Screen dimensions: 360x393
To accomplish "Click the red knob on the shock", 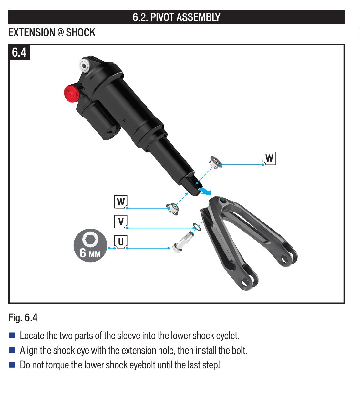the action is click(72, 93).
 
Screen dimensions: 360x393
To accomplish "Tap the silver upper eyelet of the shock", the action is click(84, 65).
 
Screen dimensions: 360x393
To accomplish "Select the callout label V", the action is click(121, 222).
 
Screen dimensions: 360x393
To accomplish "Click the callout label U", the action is click(121, 242).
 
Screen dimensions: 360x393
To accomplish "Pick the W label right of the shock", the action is click(269, 158).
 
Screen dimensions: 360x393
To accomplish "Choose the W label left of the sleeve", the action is click(121, 202).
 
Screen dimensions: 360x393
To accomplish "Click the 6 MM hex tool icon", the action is click(90, 245).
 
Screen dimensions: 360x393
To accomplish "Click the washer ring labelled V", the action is click(197, 227).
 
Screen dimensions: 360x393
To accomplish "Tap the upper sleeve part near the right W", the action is click(216, 162).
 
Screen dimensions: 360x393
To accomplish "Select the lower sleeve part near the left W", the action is click(172, 209).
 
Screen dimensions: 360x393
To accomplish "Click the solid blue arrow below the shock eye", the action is click(204, 191).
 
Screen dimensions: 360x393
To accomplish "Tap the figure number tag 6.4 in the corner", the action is click(19, 52).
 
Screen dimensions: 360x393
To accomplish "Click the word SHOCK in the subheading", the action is click(80, 33).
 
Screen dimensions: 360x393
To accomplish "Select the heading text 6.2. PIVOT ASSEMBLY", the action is click(176, 17).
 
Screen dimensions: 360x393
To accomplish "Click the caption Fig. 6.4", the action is click(23, 317).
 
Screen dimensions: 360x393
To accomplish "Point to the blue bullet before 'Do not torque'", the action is click(12, 365).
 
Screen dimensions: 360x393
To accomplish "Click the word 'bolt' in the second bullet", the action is click(239, 350).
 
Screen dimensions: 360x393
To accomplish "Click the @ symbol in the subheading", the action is click(61, 32).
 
